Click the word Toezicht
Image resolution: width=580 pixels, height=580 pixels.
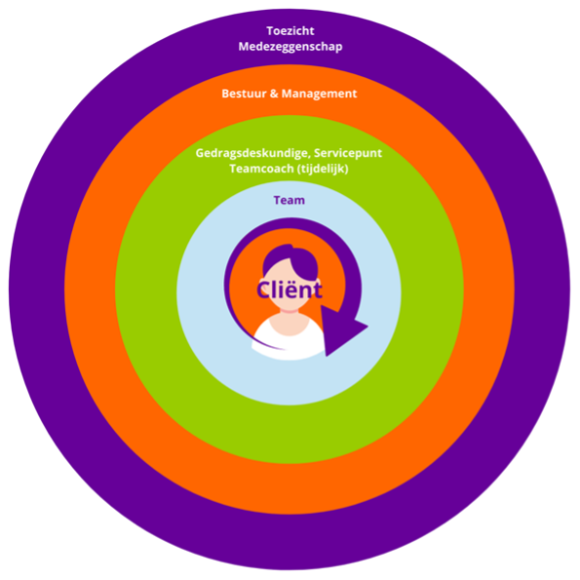coord(290,30)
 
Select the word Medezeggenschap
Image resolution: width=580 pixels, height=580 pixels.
coord(290,47)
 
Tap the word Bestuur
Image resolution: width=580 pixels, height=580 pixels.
coord(244,94)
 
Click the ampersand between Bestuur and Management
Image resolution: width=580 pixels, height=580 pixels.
coord(274,94)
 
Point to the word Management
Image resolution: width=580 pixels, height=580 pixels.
coord(319,94)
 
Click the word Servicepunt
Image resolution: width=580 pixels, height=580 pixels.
coord(348,153)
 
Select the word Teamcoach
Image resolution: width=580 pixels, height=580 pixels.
coord(261,169)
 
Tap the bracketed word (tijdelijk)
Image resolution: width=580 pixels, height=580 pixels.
coord(323,169)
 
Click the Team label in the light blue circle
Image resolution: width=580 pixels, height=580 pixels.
coord(290,200)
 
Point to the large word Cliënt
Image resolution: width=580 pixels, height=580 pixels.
coord(290,290)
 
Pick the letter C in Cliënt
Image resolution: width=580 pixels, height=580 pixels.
coord(265,290)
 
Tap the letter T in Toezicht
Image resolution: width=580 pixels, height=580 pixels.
coord(270,30)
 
